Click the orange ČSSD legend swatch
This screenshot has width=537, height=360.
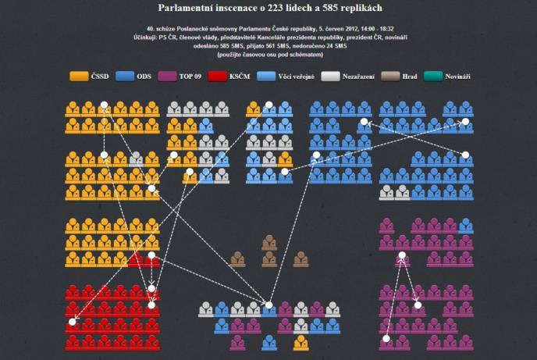click(79, 77)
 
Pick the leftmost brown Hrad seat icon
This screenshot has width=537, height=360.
click(237, 258)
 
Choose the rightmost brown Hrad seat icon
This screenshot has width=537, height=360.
click(301, 258)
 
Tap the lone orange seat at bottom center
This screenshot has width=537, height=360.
click(301, 342)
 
